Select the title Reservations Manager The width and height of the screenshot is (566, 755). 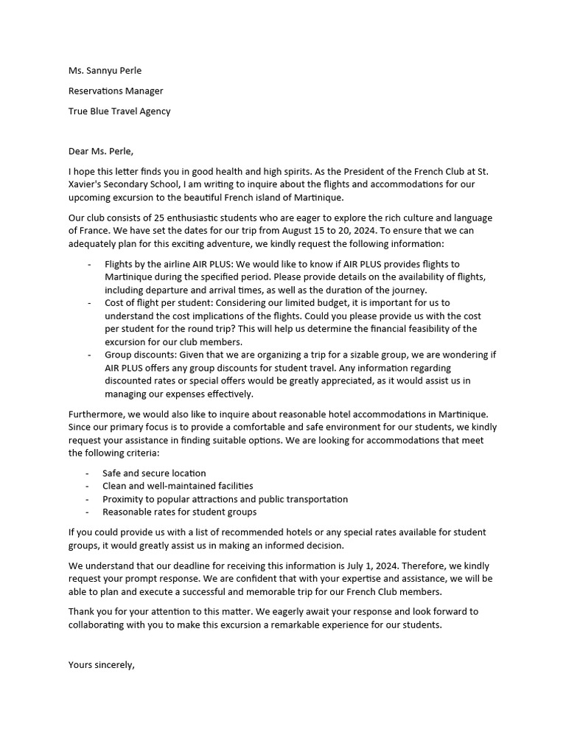coord(116,91)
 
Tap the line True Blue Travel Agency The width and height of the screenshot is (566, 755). coord(119,111)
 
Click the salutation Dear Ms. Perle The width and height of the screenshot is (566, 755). coord(101,152)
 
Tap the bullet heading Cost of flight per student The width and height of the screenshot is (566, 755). coord(167,303)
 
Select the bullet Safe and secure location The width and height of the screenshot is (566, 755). coord(154,473)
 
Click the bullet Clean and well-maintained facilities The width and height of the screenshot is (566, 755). coord(178,486)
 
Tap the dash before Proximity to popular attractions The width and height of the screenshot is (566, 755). coord(88,499)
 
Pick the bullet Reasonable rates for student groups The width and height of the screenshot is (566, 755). coord(180,512)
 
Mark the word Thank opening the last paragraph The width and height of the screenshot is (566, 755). coord(82,611)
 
